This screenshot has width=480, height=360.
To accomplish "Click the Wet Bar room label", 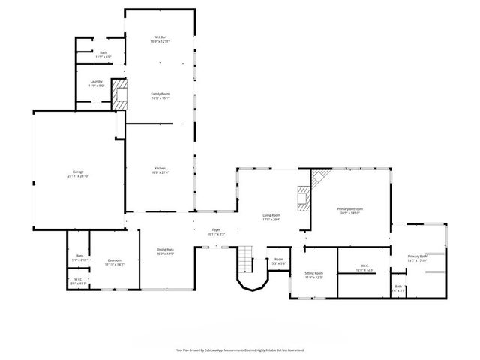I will click(x=159, y=37).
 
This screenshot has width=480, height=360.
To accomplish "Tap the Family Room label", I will click(x=160, y=94).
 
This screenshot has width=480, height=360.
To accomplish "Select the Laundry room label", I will click(x=96, y=81).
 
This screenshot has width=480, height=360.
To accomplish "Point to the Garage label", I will click(x=78, y=172).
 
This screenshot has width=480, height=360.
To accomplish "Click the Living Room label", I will click(x=271, y=215).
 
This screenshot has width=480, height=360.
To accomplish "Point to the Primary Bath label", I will click(x=417, y=256).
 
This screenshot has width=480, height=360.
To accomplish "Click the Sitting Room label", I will click(x=313, y=273).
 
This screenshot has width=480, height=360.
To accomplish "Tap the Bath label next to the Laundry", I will click(x=103, y=52).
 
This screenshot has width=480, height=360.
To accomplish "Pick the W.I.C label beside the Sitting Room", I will click(x=363, y=265).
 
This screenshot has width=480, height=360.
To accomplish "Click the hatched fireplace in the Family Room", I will click(x=118, y=94).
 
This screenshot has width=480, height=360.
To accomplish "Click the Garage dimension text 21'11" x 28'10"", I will click(x=78, y=176).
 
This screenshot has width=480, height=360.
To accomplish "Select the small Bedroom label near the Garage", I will click(x=114, y=260).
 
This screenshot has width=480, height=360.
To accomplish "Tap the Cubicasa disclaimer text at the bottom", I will click(x=240, y=349).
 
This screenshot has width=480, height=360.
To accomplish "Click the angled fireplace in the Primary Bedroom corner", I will click(x=319, y=179).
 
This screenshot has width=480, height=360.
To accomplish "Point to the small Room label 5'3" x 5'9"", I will click(x=279, y=259).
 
